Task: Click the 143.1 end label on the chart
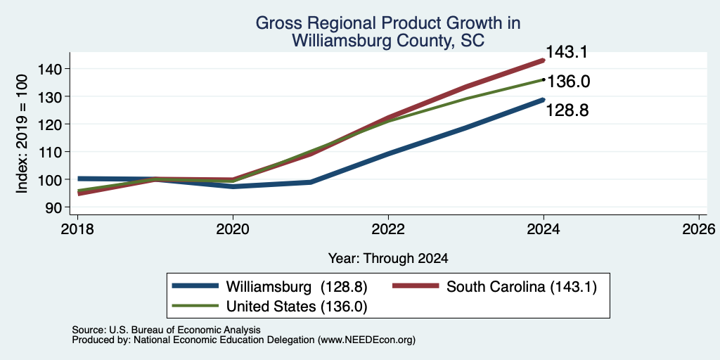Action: pyautogui.click(x=567, y=52)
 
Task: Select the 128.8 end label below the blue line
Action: pyautogui.click(x=567, y=110)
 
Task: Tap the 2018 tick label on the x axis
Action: pyautogui.click(x=77, y=229)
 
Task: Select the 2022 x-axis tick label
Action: pyautogui.click(x=388, y=229)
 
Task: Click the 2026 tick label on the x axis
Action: pyautogui.click(x=699, y=229)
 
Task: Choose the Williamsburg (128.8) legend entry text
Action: pyautogui.click(x=297, y=287)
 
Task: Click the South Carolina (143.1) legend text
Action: pyautogui.click(x=522, y=287)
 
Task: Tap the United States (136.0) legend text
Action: pyautogui.click(x=297, y=307)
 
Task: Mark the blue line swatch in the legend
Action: pyautogui.click(x=195, y=286)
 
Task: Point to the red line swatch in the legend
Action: pyautogui.click(x=416, y=286)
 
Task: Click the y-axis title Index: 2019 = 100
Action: pyautogui.click(x=22, y=134)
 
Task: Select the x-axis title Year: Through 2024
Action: pyautogui.click(x=388, y=259)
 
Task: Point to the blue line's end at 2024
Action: pyautogui.click(x=544, y=100)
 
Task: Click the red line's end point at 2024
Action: pyautogui.click(x=544, y=60)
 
